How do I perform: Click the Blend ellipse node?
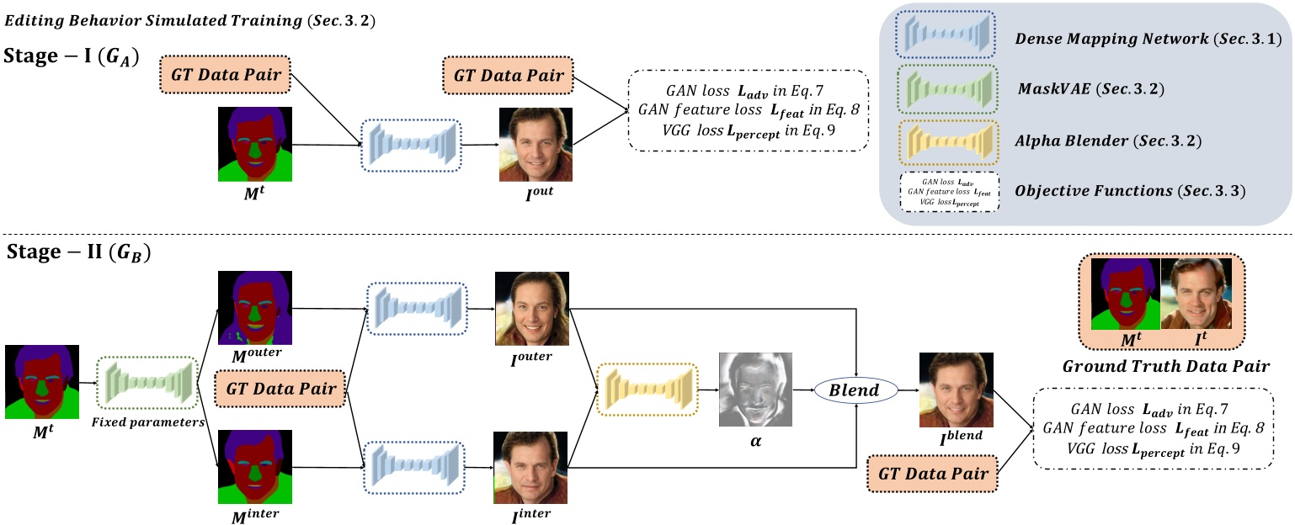[855, 390]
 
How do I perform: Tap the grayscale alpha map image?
[756, 390]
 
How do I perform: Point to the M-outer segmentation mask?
[254, 308]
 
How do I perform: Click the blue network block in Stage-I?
[413, 146]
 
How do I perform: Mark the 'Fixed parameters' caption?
[148, 422]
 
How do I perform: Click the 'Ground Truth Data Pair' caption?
[1166, 367]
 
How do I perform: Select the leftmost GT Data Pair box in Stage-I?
[225, 75]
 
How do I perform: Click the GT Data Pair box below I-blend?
[933, 475]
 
